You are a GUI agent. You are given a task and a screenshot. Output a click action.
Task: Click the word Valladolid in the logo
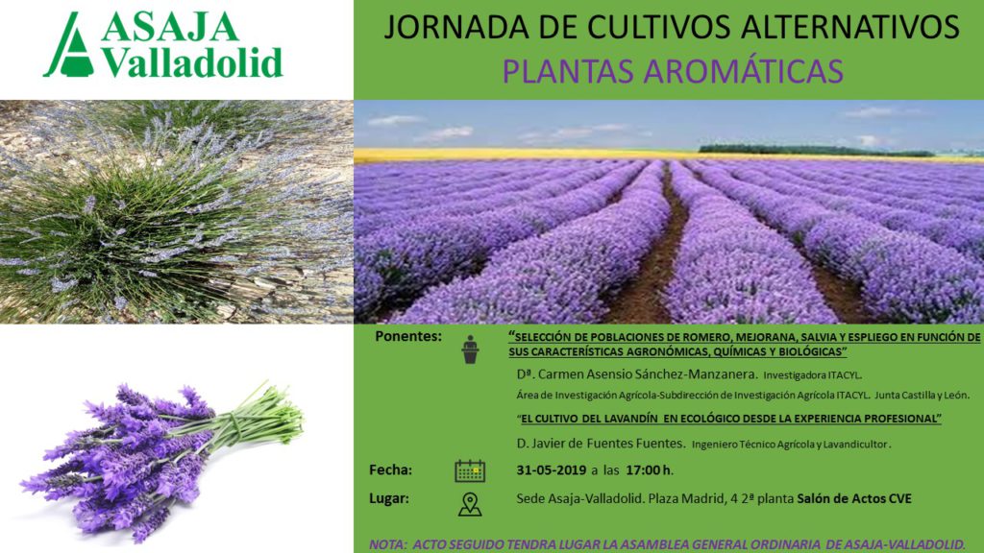click(x=192, y=62)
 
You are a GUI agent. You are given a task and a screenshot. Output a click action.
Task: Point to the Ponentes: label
click(x=408, y=337)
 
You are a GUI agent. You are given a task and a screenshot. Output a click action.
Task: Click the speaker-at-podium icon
click(x=470, y=349)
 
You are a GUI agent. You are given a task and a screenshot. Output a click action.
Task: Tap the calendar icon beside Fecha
click(x=470, y=470)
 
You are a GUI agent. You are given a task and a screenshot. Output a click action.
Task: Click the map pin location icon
click(x=470, y=504)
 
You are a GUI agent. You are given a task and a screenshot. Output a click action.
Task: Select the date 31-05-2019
click(x=552, y=470)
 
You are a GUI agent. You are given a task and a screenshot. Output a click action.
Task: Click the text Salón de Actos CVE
click(x=854, y=499)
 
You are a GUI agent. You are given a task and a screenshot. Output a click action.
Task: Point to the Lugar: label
click(x=389, y=499)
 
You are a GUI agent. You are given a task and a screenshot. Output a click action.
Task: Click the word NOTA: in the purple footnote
click(x=388, y=545)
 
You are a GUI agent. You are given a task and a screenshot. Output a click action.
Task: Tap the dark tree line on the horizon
click(x=816, y=150)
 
